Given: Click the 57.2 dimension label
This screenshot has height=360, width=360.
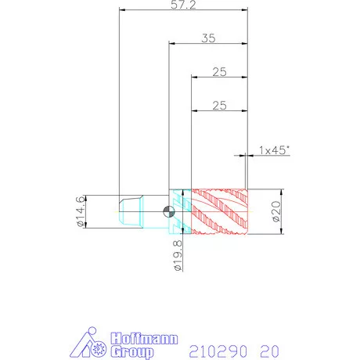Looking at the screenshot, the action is (183, 5).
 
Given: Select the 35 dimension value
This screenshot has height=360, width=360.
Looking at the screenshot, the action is (208, 38).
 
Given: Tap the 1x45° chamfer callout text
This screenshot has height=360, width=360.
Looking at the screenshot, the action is (274, 150).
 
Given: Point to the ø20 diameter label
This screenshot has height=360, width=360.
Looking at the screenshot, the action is (276, 211).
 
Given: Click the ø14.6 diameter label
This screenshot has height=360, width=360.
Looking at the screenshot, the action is (81, 211).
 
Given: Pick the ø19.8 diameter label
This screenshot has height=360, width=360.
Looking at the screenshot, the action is (178, 256).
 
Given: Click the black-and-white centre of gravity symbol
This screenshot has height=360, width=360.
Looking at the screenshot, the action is (169, 211).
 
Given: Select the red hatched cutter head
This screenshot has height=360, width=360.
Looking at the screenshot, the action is (219, 211).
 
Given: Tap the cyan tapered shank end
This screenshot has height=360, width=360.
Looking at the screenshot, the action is (131, 211).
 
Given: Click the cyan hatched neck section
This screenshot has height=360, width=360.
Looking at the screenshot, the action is (180, 211).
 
